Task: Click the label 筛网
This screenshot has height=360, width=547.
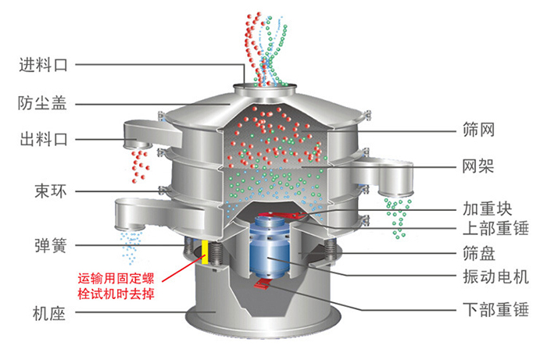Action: coord(477,128)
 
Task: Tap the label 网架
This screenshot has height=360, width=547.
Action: coord(477,166)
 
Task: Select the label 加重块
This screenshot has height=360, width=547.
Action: coord(484,209)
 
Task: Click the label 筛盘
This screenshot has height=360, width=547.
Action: coord(477,254)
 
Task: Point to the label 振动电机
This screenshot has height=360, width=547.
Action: coord(492,277)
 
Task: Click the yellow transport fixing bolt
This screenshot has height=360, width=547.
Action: coord(206,251)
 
